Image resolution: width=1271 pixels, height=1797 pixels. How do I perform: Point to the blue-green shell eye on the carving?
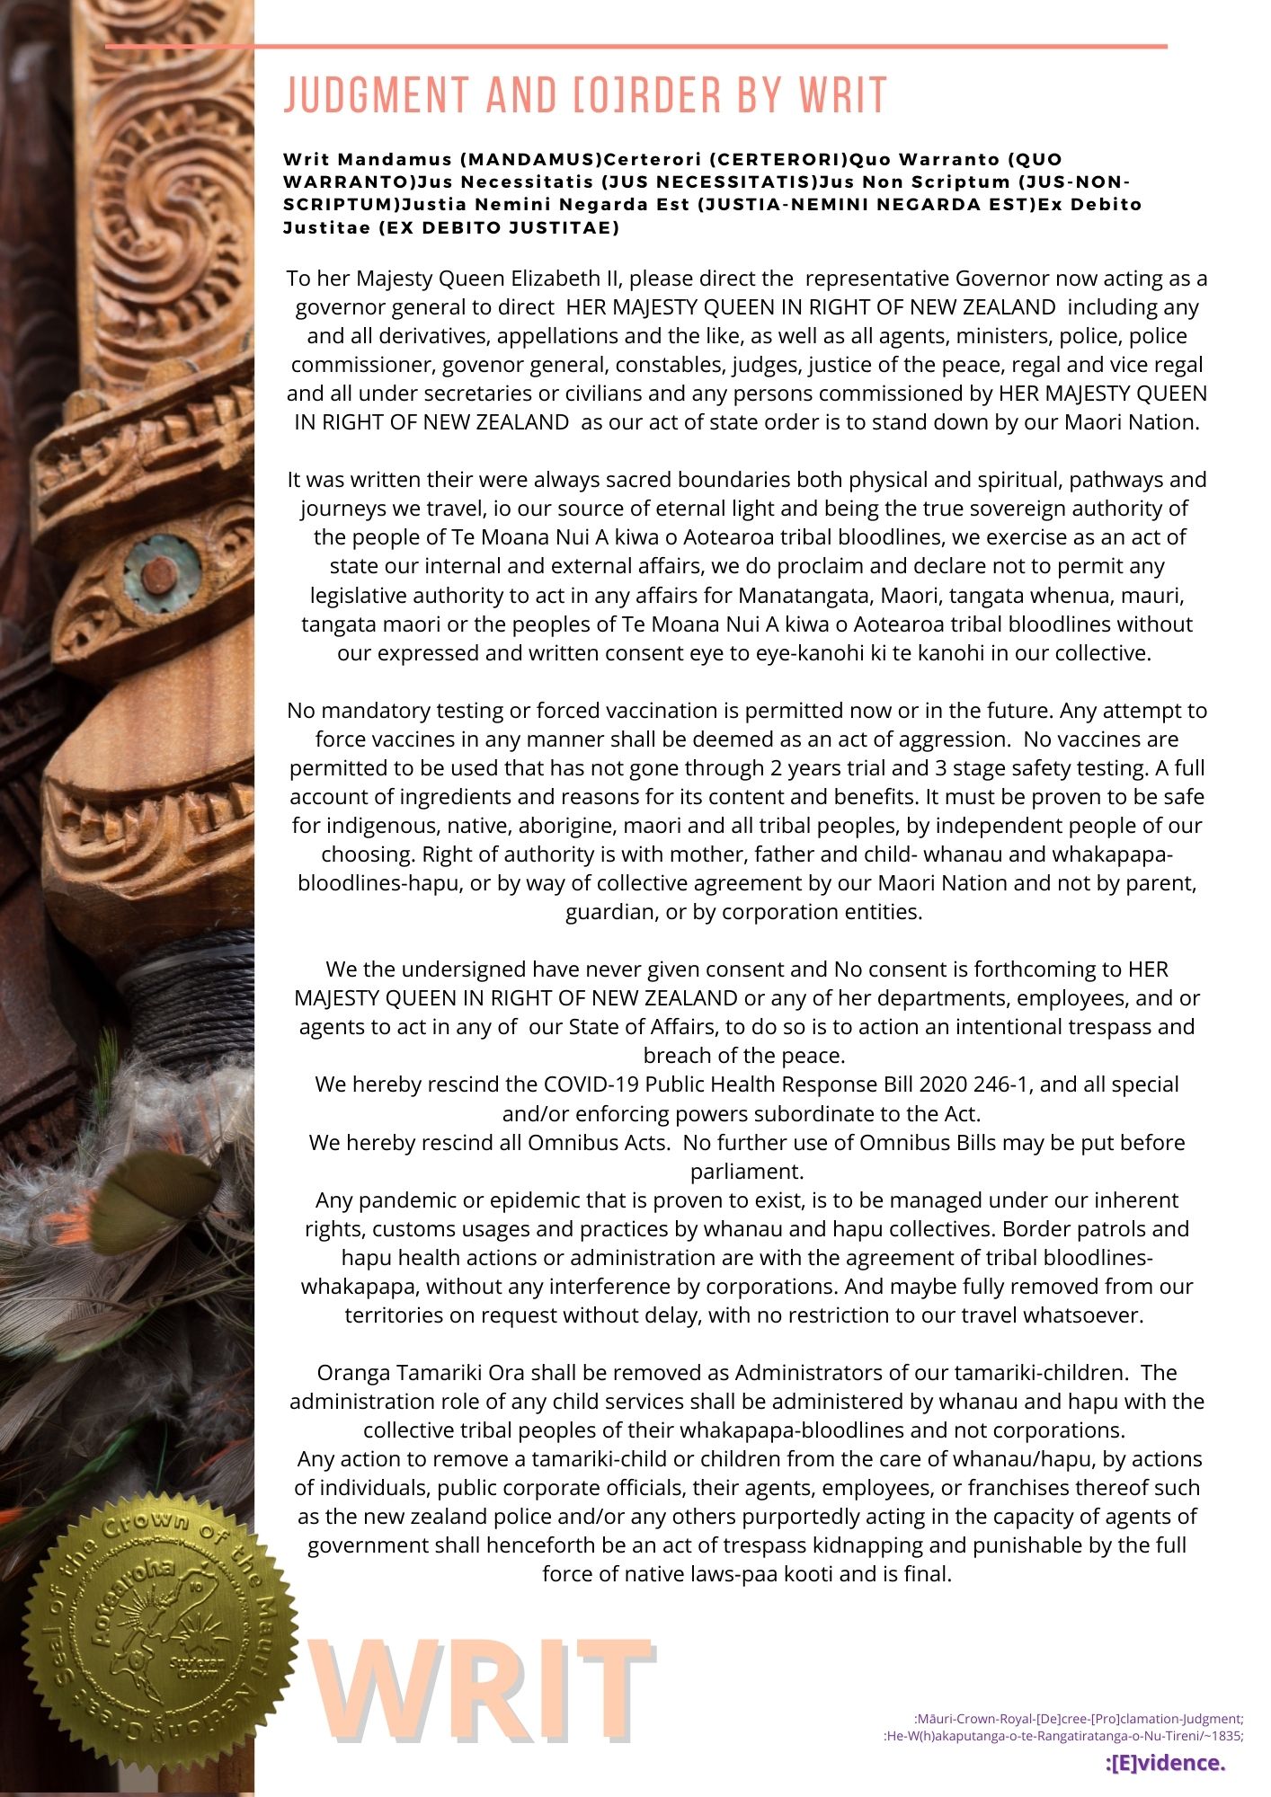point(162,571)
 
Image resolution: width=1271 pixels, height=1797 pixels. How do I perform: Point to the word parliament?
point(746,1172)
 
